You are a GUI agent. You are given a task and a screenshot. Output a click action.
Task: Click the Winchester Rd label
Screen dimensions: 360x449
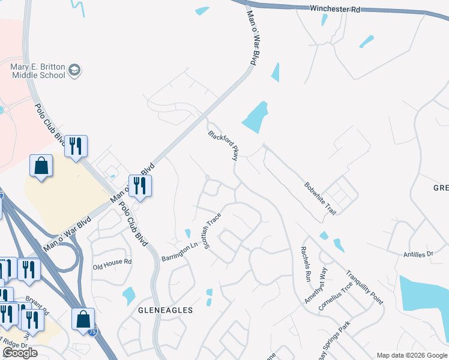tap(336, 10)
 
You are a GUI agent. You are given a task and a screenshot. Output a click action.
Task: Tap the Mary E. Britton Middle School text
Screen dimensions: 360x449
tap(38, 71)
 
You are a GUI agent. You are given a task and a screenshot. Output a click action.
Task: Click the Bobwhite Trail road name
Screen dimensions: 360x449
tap(320, 199)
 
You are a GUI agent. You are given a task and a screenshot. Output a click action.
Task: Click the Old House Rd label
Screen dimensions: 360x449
tap(112, 263)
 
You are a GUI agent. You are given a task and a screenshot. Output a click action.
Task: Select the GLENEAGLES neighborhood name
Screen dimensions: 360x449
tap(166, 310)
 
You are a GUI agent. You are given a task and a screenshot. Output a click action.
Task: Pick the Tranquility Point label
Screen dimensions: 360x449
tap(364, 288)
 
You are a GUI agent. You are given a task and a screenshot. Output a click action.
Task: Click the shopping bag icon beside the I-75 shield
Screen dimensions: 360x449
tap(83, 319)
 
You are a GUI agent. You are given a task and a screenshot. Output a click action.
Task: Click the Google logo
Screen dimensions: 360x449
tap(20, 353)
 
